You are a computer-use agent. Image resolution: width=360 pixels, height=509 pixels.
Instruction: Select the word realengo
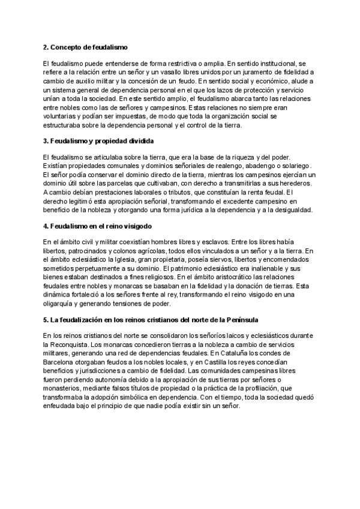click(x=227, y=165)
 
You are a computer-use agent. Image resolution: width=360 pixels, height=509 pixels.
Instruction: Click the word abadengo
click(x=262, y=165)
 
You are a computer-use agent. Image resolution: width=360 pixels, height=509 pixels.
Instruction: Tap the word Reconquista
click(x=74, y=343)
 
